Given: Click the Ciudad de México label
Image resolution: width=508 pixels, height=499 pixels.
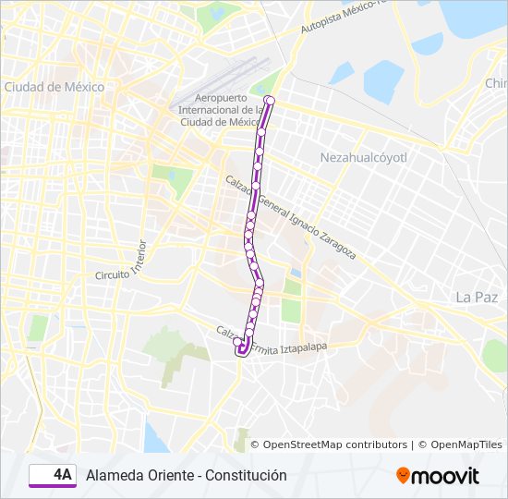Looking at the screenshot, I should tap(54, 87).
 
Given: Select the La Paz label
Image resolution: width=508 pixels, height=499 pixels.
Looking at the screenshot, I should tap(477, 297).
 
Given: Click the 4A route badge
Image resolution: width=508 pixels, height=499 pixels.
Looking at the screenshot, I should tap(52, 475).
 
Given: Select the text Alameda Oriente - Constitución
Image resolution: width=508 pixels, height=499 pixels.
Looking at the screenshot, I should tap(187, 475).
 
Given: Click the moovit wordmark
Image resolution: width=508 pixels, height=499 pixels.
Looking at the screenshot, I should tap(445, 476).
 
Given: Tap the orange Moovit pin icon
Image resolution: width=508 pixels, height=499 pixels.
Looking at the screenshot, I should tap(403, 476).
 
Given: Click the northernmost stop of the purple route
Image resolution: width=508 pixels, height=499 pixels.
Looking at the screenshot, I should tap(270, 100).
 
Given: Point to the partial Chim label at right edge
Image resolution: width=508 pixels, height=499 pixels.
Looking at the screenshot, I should tap(496, 83).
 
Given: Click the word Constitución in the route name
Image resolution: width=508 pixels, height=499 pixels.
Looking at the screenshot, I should tap(247, 475).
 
